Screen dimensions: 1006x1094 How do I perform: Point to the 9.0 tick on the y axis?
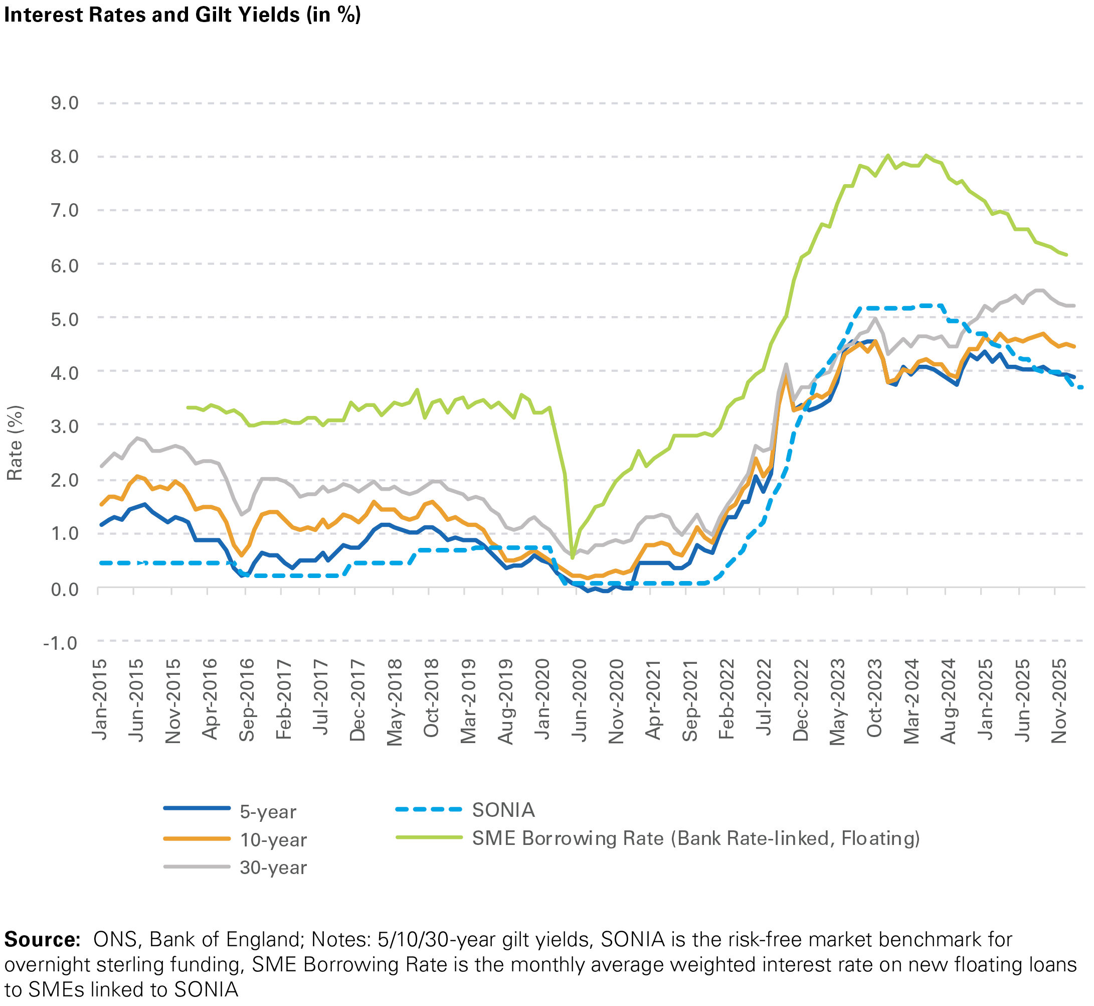tap(65, 103)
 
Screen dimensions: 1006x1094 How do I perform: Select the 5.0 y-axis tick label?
tap(65, 319)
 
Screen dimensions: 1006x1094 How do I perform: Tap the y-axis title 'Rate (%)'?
tap(15, 443)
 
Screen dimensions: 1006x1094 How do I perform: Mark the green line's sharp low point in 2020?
tap(572, 557)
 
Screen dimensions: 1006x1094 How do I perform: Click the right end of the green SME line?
tap(1066, 255)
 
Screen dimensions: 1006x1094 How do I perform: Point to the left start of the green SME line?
tap(188, 407)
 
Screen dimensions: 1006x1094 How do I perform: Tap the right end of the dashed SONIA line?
tap(1083, 387)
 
